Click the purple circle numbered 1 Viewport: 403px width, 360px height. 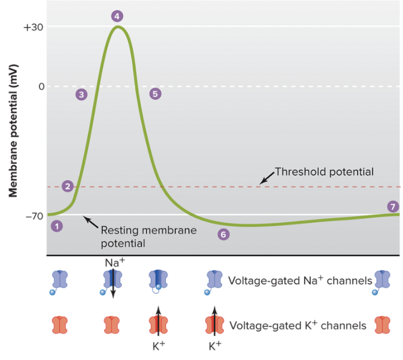(x=56, y=226)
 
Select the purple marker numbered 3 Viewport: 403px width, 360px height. (x=82, y=94)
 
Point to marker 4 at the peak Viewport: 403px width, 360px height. (x=117, y=16)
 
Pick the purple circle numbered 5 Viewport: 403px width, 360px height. (x=155, y=94)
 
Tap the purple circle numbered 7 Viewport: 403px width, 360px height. (x=393, y=206)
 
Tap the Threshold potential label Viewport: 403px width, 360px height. (x=324, y=171)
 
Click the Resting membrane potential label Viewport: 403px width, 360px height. (x=148, y=237)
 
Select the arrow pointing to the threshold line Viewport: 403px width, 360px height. (x=265, y=177)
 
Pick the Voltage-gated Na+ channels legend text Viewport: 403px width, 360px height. (x=300, y=280)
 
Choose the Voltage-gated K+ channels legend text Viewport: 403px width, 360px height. (x=298, y=326)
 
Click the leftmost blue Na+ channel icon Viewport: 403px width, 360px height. (x=59, y=280)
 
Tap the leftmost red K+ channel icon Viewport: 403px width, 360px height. (x=60, y=325)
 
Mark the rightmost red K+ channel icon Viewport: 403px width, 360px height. (x=383, y=325)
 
